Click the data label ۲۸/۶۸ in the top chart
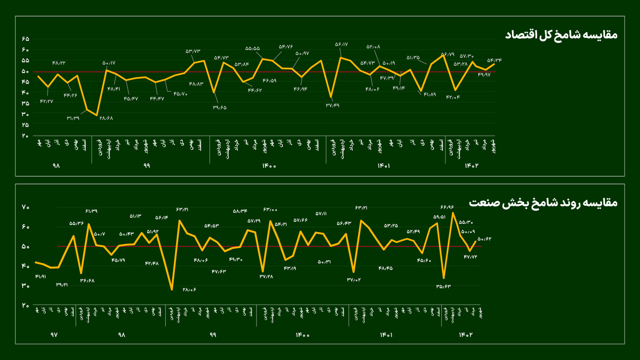coord(106,118)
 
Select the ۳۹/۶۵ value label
coord(219,107)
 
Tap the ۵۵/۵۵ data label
coord(252,48)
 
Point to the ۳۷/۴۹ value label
coord(332,105)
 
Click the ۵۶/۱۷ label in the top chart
coord(341,44)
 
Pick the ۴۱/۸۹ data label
coord(429,94)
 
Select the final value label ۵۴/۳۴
coord(494,60)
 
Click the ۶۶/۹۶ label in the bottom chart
coord(446,207)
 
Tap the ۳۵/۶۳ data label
coord(443,286)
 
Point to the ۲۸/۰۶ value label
coord(189,289)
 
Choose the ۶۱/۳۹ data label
coord(91,211)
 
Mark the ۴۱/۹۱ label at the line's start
coord(41,276)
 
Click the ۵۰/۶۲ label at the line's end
coord(484,239)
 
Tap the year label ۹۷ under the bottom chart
coord(54,335)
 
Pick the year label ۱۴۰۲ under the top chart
coord(471,165)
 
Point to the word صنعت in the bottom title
coord(482,202)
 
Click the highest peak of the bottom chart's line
coord(452,213)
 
